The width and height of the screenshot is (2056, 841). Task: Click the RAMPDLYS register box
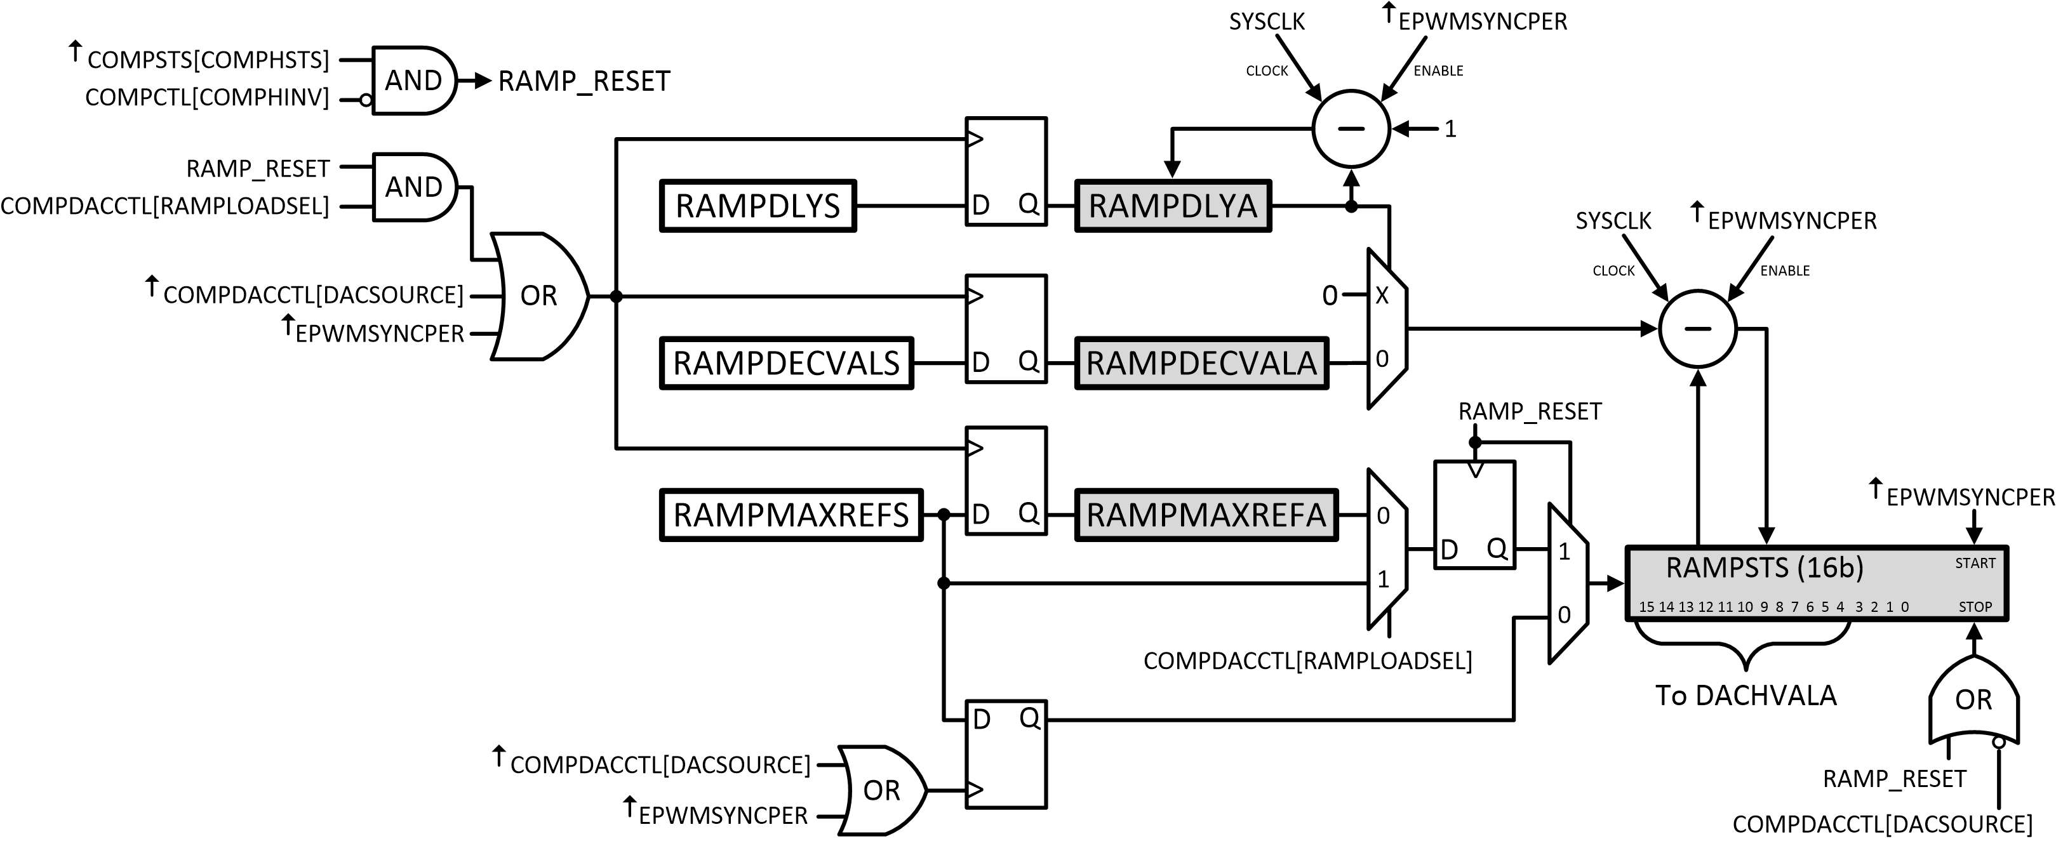tap(758, 206)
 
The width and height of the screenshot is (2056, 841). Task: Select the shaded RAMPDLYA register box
tap(1173, 206)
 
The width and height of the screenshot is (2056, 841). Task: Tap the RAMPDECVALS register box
tap(786, 363)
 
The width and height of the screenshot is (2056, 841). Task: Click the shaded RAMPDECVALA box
tap(1201, 363)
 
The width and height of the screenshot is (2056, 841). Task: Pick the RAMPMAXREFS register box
tap(791, 515)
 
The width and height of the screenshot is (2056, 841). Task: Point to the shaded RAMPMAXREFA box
tap(1206, 515)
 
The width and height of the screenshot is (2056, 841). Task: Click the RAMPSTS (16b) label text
tap(1764, 567)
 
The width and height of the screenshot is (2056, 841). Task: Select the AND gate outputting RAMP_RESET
tap(413, 81)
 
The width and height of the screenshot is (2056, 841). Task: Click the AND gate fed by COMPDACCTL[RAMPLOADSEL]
tap(413, 187)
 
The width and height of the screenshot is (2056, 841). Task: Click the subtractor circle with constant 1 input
tap(1351, 128)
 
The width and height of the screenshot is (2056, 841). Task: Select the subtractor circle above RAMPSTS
tap(1698, 328)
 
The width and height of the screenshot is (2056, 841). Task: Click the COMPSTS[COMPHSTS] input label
tap(208, 60)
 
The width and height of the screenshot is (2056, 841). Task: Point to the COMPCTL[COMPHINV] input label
tap(207, 97)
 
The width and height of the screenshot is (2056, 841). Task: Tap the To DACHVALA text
tap(1746, 696)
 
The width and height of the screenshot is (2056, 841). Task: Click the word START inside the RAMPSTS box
tap(1975, 564)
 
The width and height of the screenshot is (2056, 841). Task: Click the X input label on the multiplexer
tap(1382, 295)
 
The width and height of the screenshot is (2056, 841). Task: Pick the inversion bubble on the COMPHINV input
tap(366, 100)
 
